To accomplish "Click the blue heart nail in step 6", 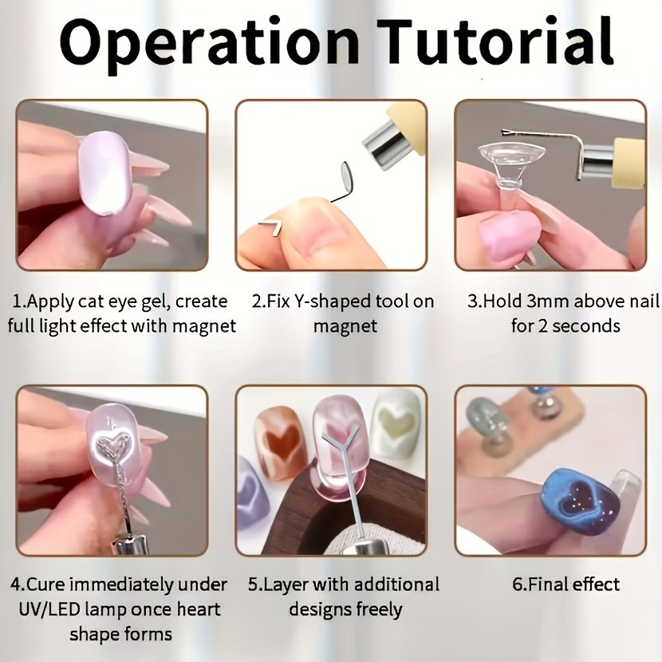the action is (577, 500).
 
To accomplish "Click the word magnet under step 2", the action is (345, 326).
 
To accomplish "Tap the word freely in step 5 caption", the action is (379, 610).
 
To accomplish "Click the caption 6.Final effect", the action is (565, 585).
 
